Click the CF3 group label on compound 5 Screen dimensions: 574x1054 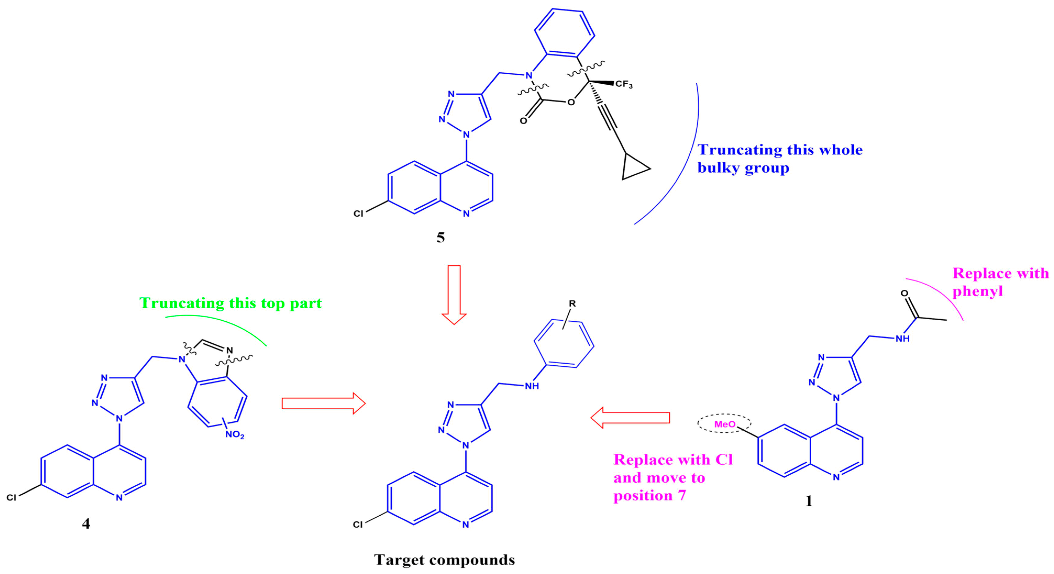[624, 84]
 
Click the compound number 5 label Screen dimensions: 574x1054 [440, 237]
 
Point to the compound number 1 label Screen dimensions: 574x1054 [808, 501]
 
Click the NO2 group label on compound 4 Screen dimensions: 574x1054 [235, 435]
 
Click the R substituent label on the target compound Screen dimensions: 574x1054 [572, 304]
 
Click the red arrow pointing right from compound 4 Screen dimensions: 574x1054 [323, 403]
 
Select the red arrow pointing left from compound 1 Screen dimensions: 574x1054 [630, 418]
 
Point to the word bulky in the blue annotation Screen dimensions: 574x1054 [718, 168]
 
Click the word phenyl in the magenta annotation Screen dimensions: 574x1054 [978, 291]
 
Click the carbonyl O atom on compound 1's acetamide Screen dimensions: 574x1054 [904, 293]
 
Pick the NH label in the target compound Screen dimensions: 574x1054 [532, 386]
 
